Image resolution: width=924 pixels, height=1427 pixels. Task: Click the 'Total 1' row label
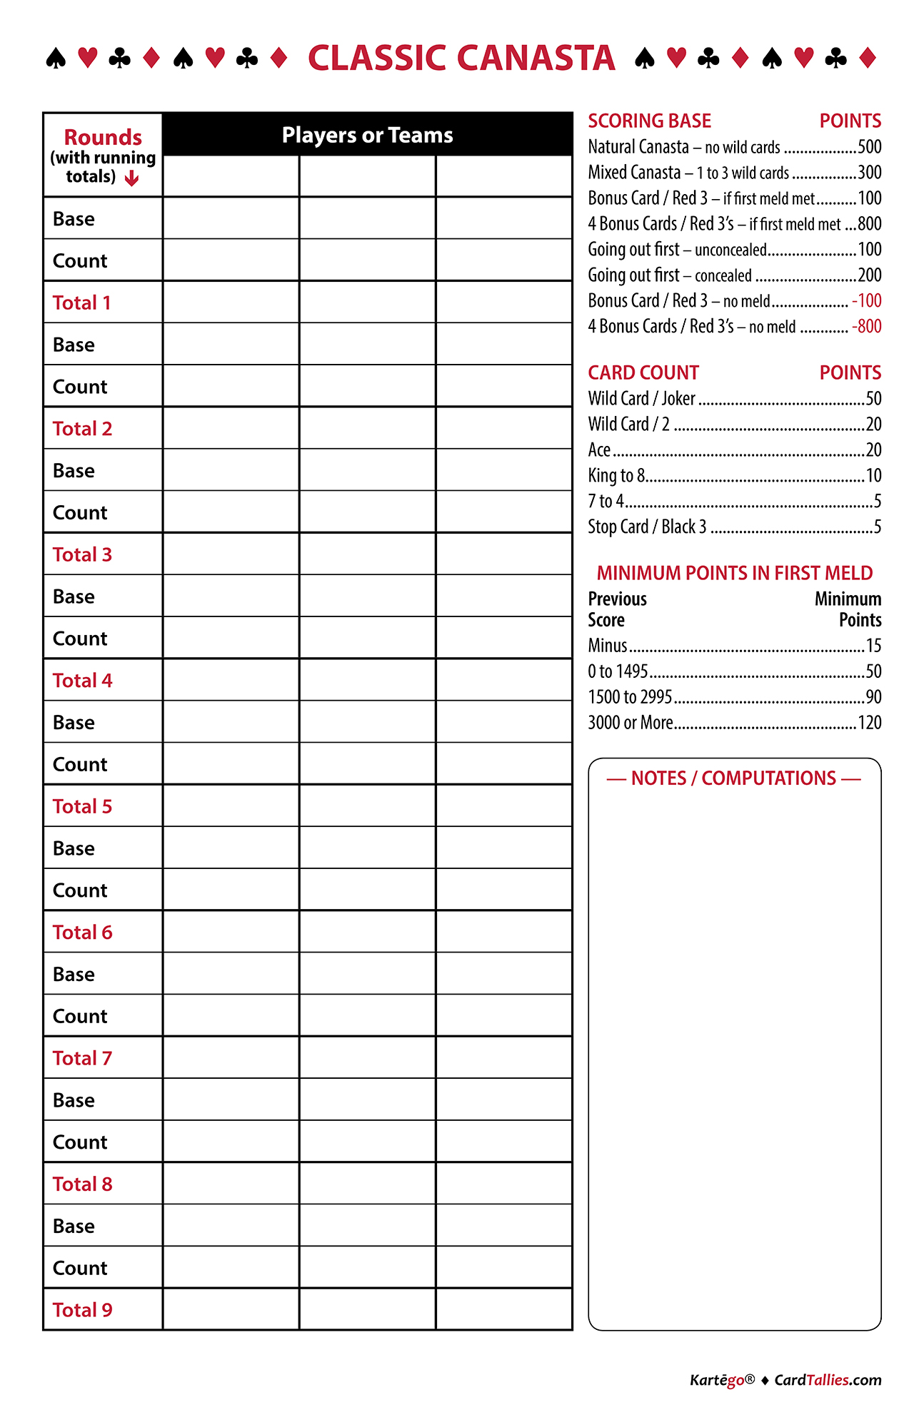tap(81, 303)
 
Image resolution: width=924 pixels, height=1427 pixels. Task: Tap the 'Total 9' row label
tap(82, 1310)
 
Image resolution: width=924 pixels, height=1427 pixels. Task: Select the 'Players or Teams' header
tap(367, 135)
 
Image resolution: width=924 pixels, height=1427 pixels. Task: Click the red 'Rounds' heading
tap(103, 137)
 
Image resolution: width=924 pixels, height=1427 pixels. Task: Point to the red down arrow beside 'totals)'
tap(131, 178)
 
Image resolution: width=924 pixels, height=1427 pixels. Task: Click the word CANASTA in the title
tap(536, 59)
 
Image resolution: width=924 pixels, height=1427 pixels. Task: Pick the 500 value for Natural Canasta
tap(869, 147)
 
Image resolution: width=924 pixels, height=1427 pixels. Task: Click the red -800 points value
tap(866, 327)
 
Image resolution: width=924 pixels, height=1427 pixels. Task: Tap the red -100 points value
tap(866, 301)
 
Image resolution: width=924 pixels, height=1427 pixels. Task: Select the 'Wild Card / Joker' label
tap(641, 398)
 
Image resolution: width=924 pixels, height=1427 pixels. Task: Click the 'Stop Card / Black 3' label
tap(647, 527)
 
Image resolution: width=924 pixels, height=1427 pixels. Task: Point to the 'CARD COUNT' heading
tap(643, 372)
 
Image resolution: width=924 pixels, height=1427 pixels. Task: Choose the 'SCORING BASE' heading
tap(649, 121)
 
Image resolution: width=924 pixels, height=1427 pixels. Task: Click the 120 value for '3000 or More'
tap(869, 723)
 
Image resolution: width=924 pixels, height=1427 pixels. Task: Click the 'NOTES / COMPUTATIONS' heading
tap(733, 778)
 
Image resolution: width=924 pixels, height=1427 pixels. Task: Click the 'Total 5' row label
tap(82, 806)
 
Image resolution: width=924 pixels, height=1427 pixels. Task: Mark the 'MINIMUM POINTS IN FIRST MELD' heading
tap(734, 573)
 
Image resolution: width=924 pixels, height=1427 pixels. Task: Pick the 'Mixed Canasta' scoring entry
tap(634, 173)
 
